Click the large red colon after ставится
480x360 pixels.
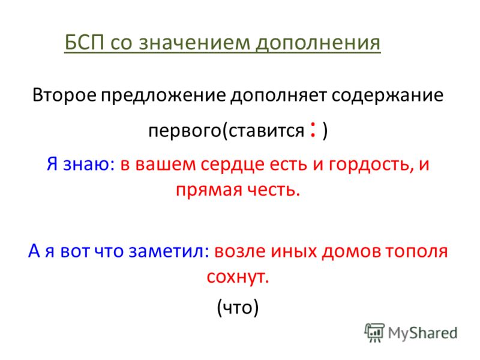pyautogui.click(x=313, y=130)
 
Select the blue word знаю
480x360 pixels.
pyautogui.click(x=86, y=164)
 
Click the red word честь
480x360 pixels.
pyautogui.click(x=271, y=190)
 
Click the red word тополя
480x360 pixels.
pyautogui.click(x=416, y=251)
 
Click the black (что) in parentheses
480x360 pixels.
pyautogui.click(x=238, y=307)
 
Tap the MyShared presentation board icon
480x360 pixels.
pyautogui.click(x=374, y=332)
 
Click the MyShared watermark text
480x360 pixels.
pyautogui.click(x=422, y=334)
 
